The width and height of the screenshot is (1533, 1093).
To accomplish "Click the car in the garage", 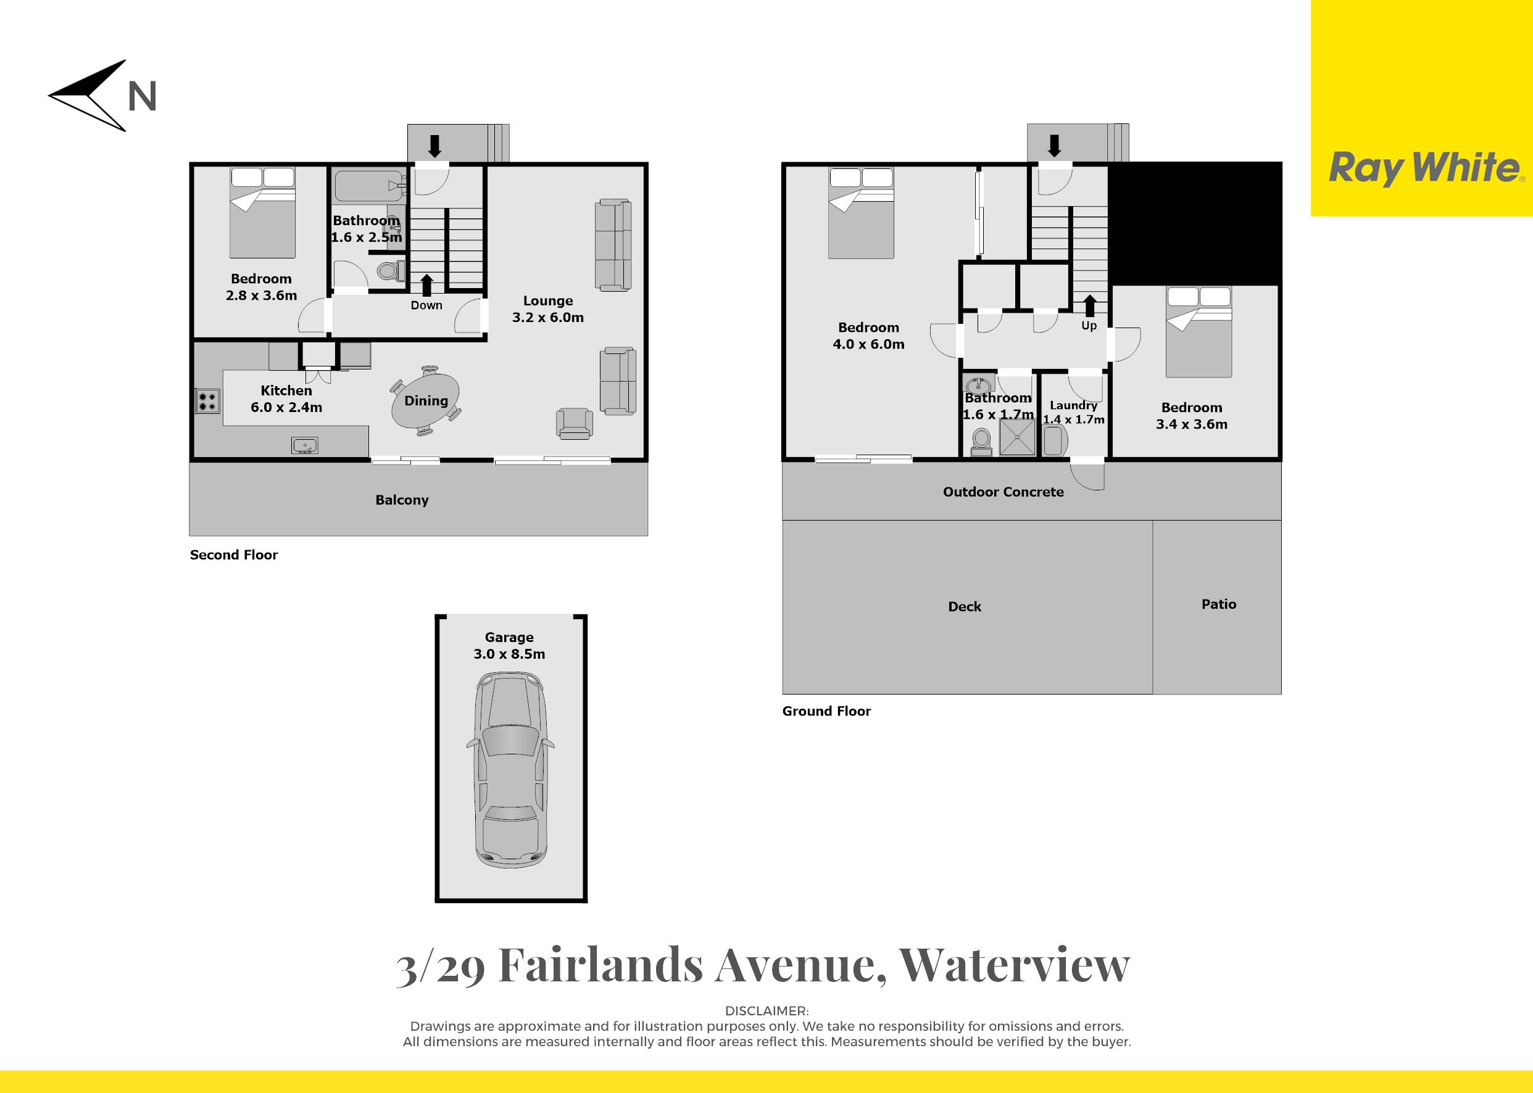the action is pyautogui.click(x=510, y=771).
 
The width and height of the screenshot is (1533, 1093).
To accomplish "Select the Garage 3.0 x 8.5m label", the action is pyautogui.click(x=509, y=645).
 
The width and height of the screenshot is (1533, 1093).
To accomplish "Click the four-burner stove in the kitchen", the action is pyautogui.click(x=207, y=401).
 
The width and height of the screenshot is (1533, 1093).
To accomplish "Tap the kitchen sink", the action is pyautogui.click(x=305, y=445).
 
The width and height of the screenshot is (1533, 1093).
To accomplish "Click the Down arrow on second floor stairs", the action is pyautogui.click(x=426, y=285).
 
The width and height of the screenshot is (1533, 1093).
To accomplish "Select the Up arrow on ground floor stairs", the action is pyautogui.click(x=1089, y=305).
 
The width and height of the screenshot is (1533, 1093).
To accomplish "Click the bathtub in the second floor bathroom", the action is pyautogui.click(x=369, y=186).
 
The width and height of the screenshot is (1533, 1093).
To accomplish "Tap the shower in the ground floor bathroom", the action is pyautogui.click(x=1016, y=437).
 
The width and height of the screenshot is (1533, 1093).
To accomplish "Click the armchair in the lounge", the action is pyautogui.click(x=575, y=424).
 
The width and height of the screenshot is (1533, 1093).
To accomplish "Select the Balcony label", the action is pyautogui.click(x=402, y=500).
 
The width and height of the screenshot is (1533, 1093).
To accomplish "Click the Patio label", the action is pyautogui.click(x=1219, y=604).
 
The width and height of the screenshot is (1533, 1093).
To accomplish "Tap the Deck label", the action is pyautogui.click(x=965, y=606).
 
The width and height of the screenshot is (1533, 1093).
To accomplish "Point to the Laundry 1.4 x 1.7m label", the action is pyautogui.click(x=1074, y=413).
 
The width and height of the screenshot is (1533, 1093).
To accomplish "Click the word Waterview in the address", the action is pyautogui.click(x=1015, y=966).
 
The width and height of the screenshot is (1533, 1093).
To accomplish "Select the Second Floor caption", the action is pyautogui.click(x=234, y=555).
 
